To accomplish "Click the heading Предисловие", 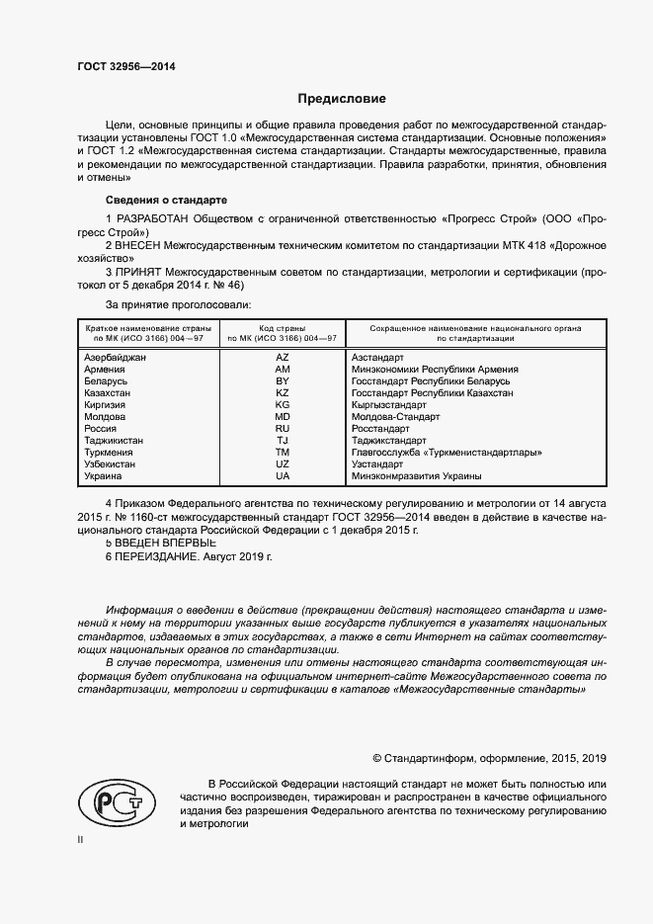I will coord(342,99).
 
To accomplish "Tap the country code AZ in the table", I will coord(282,357).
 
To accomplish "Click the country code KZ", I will coord(282,392).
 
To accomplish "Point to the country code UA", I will coord(282,475).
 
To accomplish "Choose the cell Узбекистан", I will coord(111,463).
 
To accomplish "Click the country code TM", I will coord(282,452).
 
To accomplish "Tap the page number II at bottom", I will coord(81,839).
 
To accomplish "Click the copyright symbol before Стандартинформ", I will coord(376,758).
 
